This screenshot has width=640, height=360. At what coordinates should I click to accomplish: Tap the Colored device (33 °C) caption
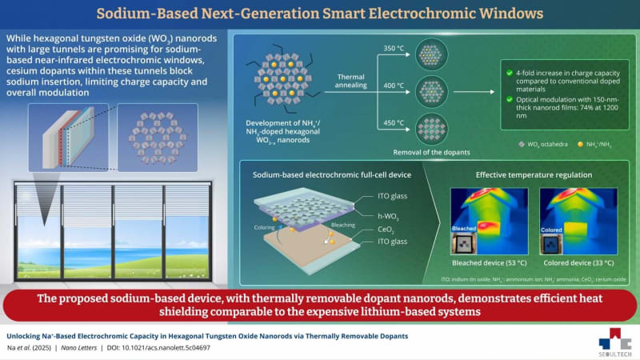pyautogui.click(x=578, y=262)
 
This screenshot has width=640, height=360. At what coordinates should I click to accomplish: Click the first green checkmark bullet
pyautogui.click(x=509, y=73)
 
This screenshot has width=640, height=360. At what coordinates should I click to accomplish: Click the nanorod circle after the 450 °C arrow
pyautogui.click(x=433, y=126)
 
